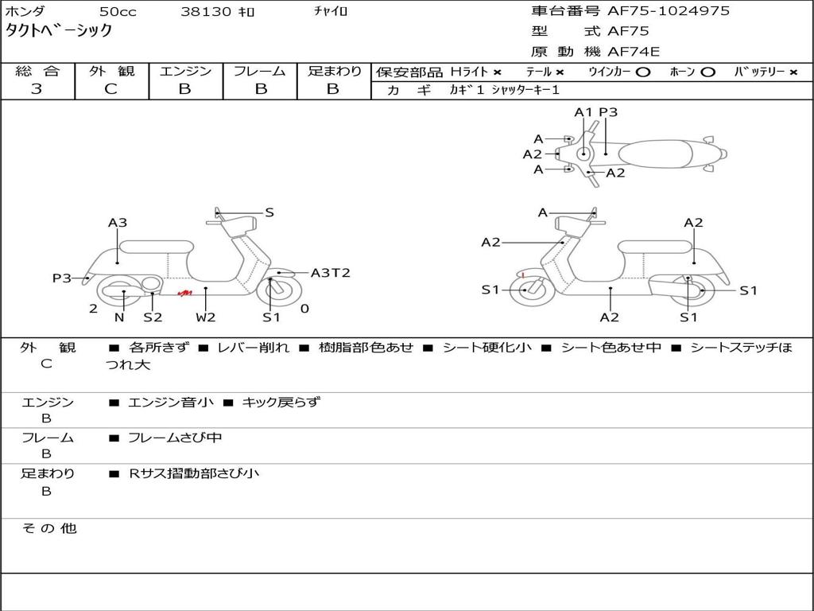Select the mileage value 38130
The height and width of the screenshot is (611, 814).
coord(206,12)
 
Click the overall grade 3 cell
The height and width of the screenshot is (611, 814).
coord(37,89)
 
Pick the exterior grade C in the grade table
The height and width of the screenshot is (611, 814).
coord(111,89)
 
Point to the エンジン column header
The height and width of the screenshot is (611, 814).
coord(185,72)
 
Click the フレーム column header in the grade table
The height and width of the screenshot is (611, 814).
coord(260,72)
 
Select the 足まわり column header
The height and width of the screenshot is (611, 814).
coord(334,72)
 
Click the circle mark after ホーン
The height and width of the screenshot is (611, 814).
coord(707,72)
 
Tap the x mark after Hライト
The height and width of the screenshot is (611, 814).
coord(497,72)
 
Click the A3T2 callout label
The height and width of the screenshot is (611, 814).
coord(330,273)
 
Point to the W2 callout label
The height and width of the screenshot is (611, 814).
coord(206,317)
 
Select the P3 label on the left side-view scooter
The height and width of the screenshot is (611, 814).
coord(62,278)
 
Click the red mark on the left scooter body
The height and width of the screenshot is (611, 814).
coord(184,294)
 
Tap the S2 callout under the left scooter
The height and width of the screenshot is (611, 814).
coord(153,317)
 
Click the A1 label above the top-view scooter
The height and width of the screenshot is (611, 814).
coord(583,112)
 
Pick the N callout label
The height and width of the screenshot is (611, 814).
coord(119,317)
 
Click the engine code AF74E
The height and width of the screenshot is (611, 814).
coord(634,52)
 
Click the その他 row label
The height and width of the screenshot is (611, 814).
coord(48,528)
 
